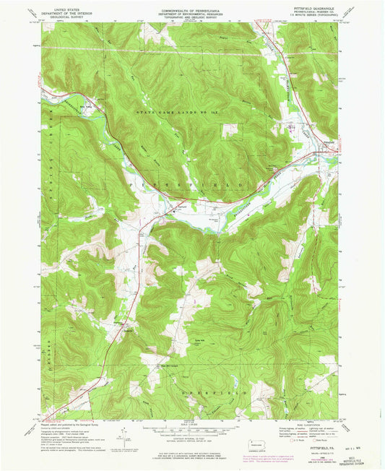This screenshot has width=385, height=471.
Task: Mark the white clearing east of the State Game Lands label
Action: click(230, 130)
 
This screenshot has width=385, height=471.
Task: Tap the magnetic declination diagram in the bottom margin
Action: click(119, 434)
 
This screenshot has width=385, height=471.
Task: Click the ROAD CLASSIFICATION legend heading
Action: click(308, 423)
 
